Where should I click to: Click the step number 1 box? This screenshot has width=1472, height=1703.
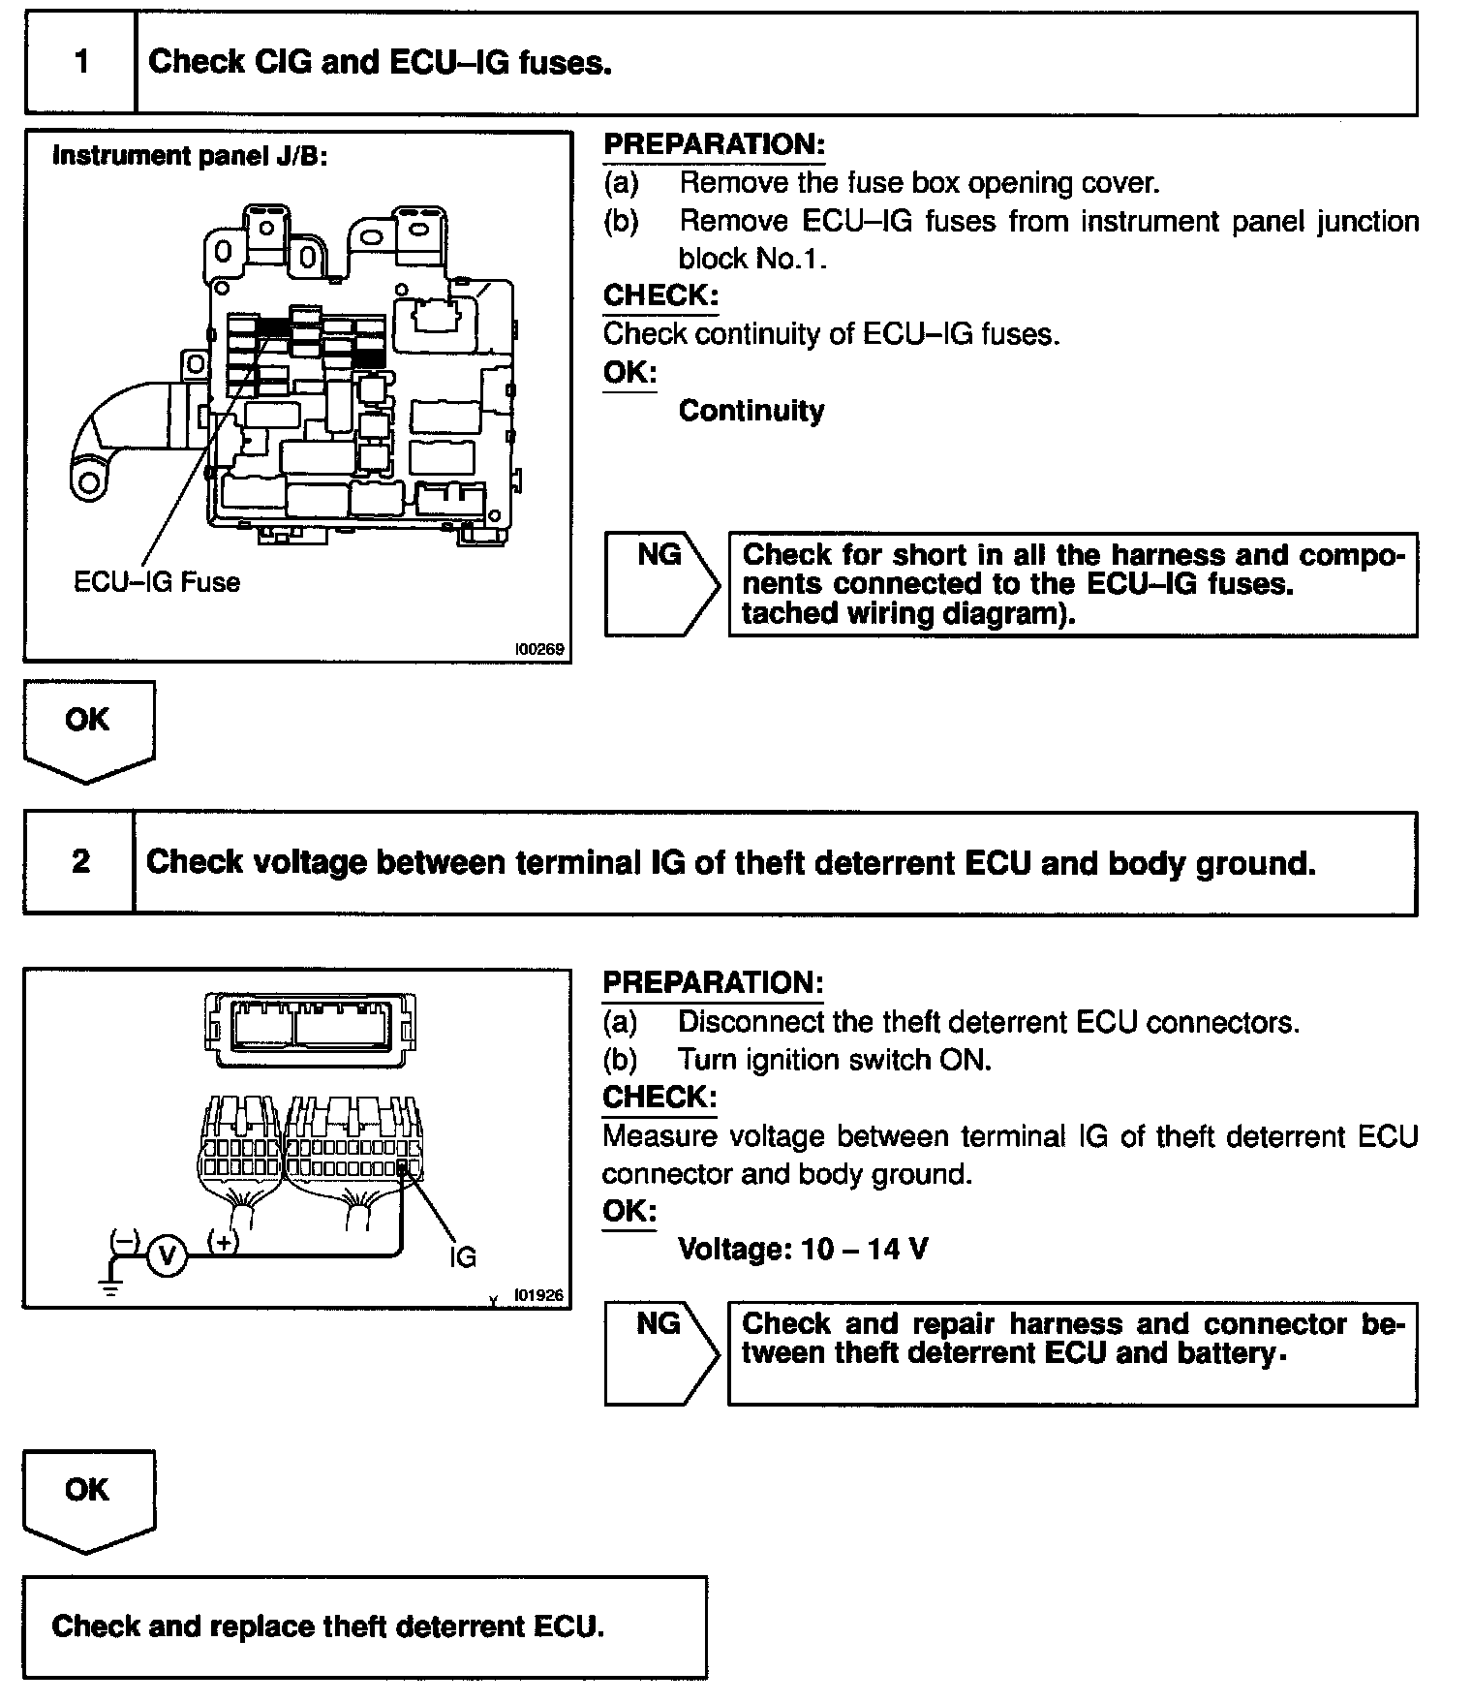(81, 63)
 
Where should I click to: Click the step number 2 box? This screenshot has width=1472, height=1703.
(80, 861)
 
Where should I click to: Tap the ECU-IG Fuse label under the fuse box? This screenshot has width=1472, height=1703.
(157, 582)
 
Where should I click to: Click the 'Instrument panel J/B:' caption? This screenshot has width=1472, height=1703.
(190, 156)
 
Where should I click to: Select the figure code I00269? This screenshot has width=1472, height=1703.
(540, 649)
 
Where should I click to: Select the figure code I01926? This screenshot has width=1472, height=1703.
(538, 1294)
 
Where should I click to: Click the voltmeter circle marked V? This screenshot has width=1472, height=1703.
(167, 1256)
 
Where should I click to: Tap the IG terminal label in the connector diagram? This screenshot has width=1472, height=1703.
(463, 1256)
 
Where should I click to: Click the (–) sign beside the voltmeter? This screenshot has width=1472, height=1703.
(125, 1239)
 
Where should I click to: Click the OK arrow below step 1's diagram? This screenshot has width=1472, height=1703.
(88, 728)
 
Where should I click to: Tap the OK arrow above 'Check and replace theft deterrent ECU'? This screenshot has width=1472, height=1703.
(88, 1499)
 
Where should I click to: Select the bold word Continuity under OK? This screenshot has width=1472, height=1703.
(751, 411)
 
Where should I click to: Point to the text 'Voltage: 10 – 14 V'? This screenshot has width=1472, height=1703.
(803, 1249)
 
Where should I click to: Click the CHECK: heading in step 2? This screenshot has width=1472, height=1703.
(659, 1098)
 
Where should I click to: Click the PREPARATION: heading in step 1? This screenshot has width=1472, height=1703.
(714, 144)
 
